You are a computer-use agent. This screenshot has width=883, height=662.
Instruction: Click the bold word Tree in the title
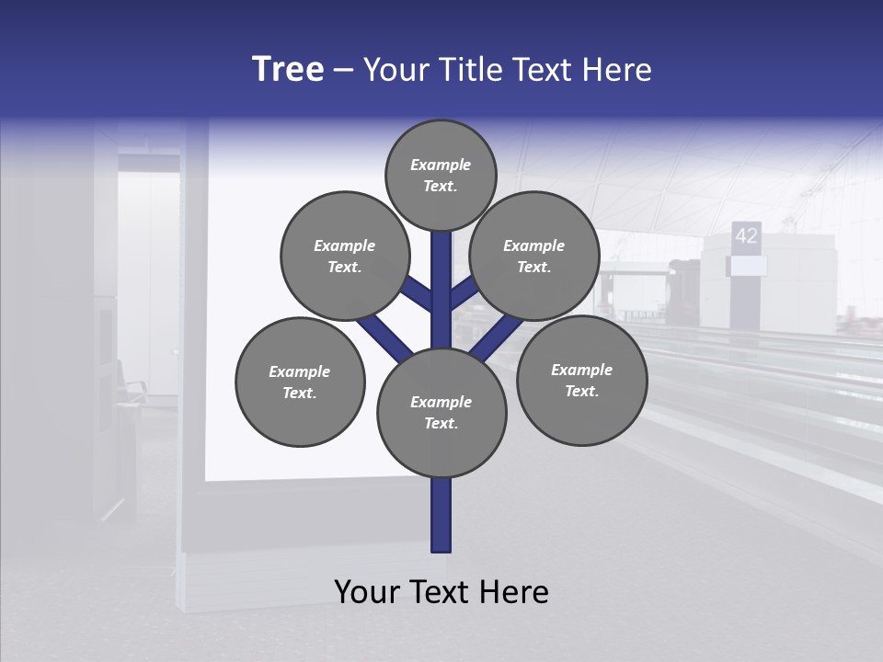tap(288, 69)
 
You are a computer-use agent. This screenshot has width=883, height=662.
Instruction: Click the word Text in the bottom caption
tap(439, 592)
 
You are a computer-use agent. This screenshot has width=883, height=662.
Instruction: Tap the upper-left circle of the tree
tap(344, 256)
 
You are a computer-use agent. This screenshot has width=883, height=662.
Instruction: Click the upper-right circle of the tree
tap(534, 256)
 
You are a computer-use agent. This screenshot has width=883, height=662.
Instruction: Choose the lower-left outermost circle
tap(300, 382)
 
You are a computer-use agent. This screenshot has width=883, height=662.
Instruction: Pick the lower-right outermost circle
tap(581, 380)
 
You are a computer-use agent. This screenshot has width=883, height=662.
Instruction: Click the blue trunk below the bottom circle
tap(441, 515)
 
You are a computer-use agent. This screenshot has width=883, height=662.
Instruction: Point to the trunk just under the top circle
tap(441, 267)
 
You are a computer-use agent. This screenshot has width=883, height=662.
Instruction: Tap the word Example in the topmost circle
tap(441, 165)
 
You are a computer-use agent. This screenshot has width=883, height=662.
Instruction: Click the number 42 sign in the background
tap(746, 235)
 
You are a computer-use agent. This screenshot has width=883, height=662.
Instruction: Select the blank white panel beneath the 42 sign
tap(747, 266)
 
